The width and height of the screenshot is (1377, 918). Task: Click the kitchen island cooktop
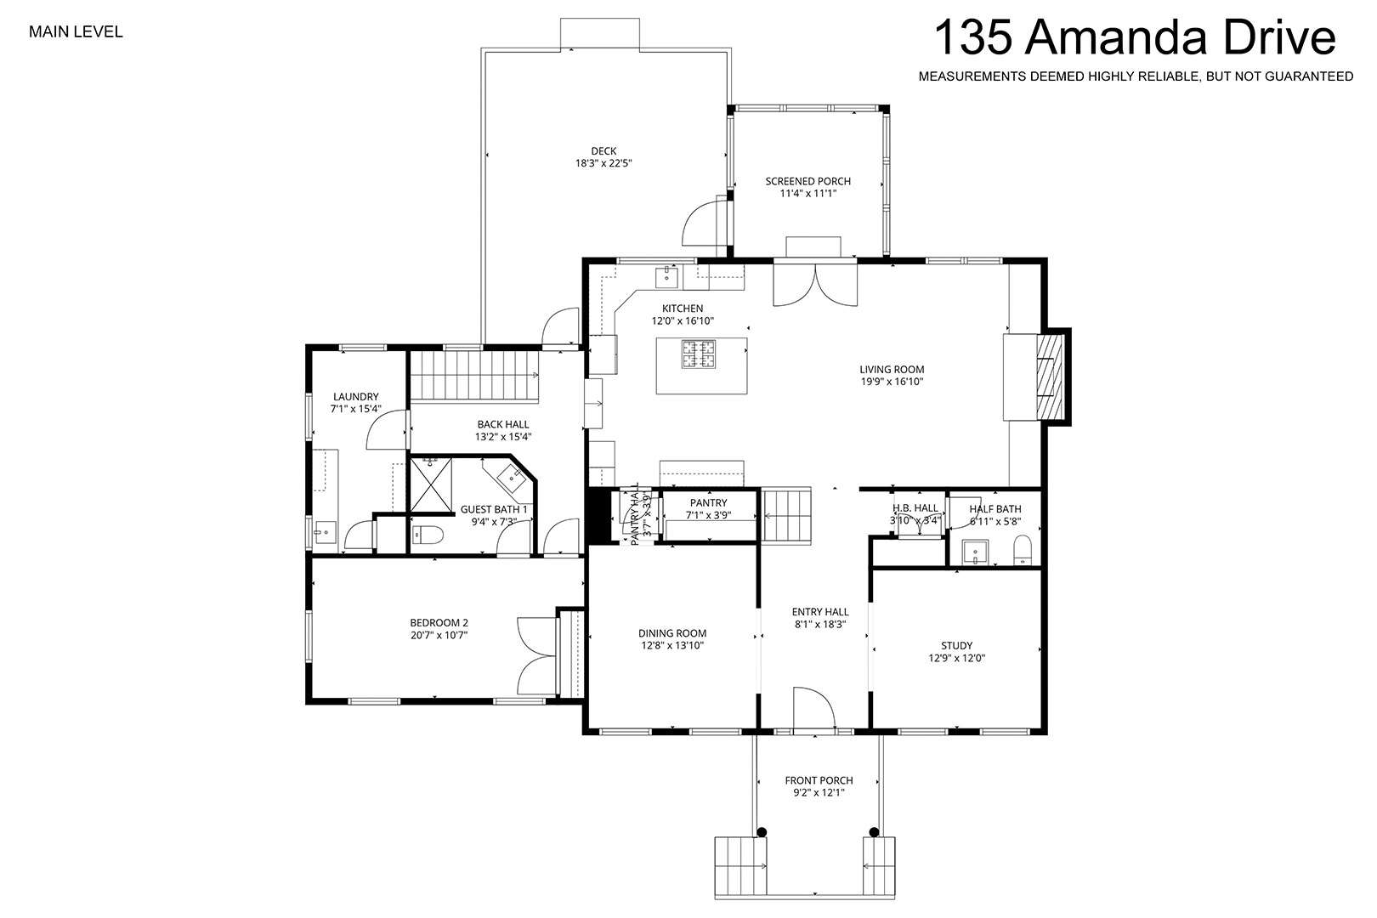click(699, 354)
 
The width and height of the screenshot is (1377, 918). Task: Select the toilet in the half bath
click(1023, 550)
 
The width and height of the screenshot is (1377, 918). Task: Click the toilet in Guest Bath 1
click(428, 535)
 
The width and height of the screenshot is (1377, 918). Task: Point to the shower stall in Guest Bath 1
click(430, 485)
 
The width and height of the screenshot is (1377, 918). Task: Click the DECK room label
click(603, 151)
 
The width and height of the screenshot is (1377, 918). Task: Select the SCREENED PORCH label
click(807, 181)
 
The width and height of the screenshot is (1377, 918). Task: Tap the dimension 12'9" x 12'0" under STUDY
click(956, 658)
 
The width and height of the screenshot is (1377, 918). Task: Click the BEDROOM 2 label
click(439, 623)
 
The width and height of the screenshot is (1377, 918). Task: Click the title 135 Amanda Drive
click(1135, 37)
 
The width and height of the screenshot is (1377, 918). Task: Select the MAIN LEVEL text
click(76, 32)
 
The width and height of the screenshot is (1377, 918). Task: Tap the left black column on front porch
click(761, 832)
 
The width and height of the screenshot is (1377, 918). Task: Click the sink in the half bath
click(975, 552)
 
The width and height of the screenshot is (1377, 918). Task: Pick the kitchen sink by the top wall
click(666, 277)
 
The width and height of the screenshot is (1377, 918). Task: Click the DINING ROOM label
click(671, 633)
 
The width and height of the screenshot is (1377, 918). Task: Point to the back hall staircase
click(474, 376)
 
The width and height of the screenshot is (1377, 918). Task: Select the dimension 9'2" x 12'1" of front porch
click(819, 792)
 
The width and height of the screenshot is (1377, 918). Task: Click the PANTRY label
click(708, 503)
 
